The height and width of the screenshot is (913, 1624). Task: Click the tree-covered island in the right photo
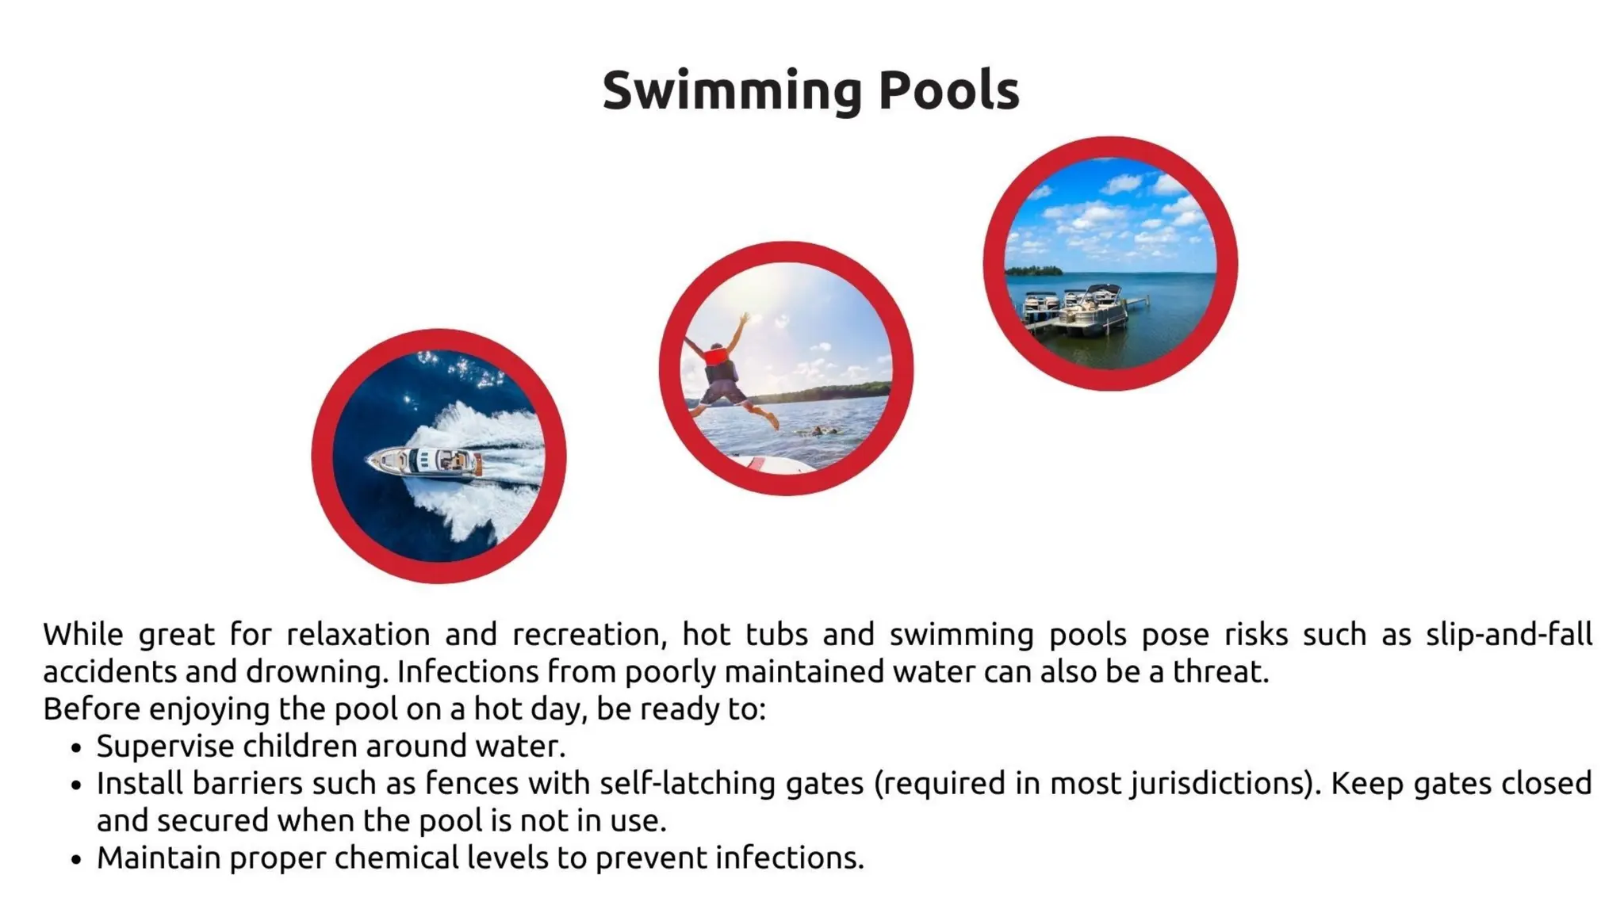click(1033, 270)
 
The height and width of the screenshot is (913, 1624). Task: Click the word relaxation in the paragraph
click(358, 635)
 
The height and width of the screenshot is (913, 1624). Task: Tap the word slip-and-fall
click(1508, 635)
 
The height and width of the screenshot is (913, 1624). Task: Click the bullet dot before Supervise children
click(76, 748)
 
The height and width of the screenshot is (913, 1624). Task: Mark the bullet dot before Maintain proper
click(76, 860)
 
